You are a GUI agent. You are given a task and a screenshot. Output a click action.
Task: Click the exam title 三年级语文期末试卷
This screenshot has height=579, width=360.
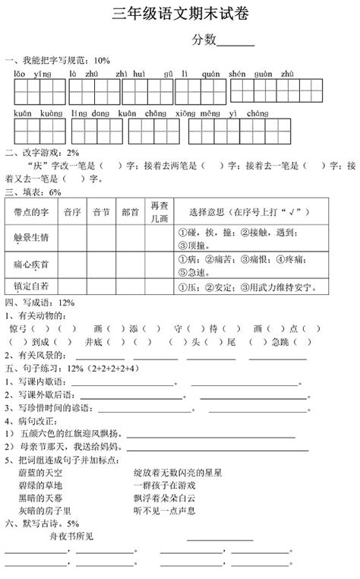tap(179, 13)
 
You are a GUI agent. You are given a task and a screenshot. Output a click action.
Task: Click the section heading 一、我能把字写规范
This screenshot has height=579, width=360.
tap(58, 59)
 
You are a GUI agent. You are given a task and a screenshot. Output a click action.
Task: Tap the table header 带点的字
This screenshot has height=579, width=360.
tap(32, 211)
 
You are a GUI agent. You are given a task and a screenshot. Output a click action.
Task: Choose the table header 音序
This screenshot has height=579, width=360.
tap(72, 211)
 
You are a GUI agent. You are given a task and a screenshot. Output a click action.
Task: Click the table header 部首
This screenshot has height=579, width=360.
tap(130, 211)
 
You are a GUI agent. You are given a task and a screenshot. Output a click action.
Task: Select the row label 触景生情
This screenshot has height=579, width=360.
tap(32, 237)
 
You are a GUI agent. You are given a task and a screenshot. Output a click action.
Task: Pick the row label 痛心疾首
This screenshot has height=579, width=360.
tap(32, 264)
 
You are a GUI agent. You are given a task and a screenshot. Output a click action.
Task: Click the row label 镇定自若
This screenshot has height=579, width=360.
tap(32, 286)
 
